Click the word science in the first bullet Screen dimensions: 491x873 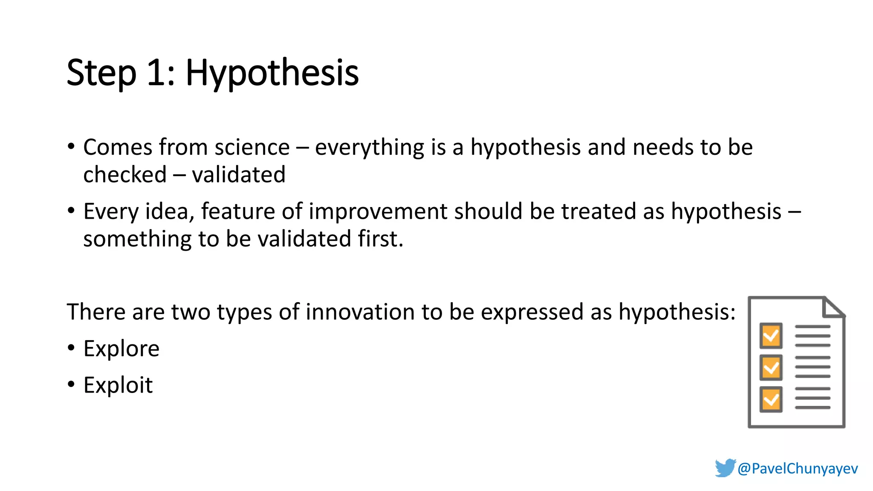pos(252,147)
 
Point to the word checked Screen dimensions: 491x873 pos(125,175)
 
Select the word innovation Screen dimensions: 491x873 pos(360,312)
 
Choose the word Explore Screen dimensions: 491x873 pos(121,349)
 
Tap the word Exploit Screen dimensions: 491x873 pos(118,385)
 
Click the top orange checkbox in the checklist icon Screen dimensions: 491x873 pos(771,336)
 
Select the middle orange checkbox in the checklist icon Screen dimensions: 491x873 pos(771,367)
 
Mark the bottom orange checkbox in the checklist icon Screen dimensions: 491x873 pos(771,399)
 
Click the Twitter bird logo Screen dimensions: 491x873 pos(725,468)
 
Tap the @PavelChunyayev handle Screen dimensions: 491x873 pos(798,468)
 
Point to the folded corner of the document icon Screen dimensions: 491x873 pos(833,308)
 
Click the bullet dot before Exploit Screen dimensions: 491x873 pos(71,384)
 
